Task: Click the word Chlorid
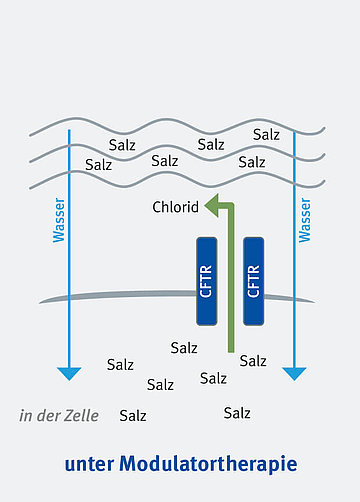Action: [x=176, y=208]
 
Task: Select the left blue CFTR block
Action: [x=207, y=281]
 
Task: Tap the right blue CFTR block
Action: [x=253, y=281]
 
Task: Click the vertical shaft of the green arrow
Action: [x=230, y=290]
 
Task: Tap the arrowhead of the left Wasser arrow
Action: [x=68, y=374]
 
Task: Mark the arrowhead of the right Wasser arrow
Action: [x=294, y=374]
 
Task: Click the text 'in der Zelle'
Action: [x=59, y=415]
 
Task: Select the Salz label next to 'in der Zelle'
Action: [x=133, y=415]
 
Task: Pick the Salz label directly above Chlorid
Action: [x=165, y=159]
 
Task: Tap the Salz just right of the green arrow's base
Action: [x=253, y=360]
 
